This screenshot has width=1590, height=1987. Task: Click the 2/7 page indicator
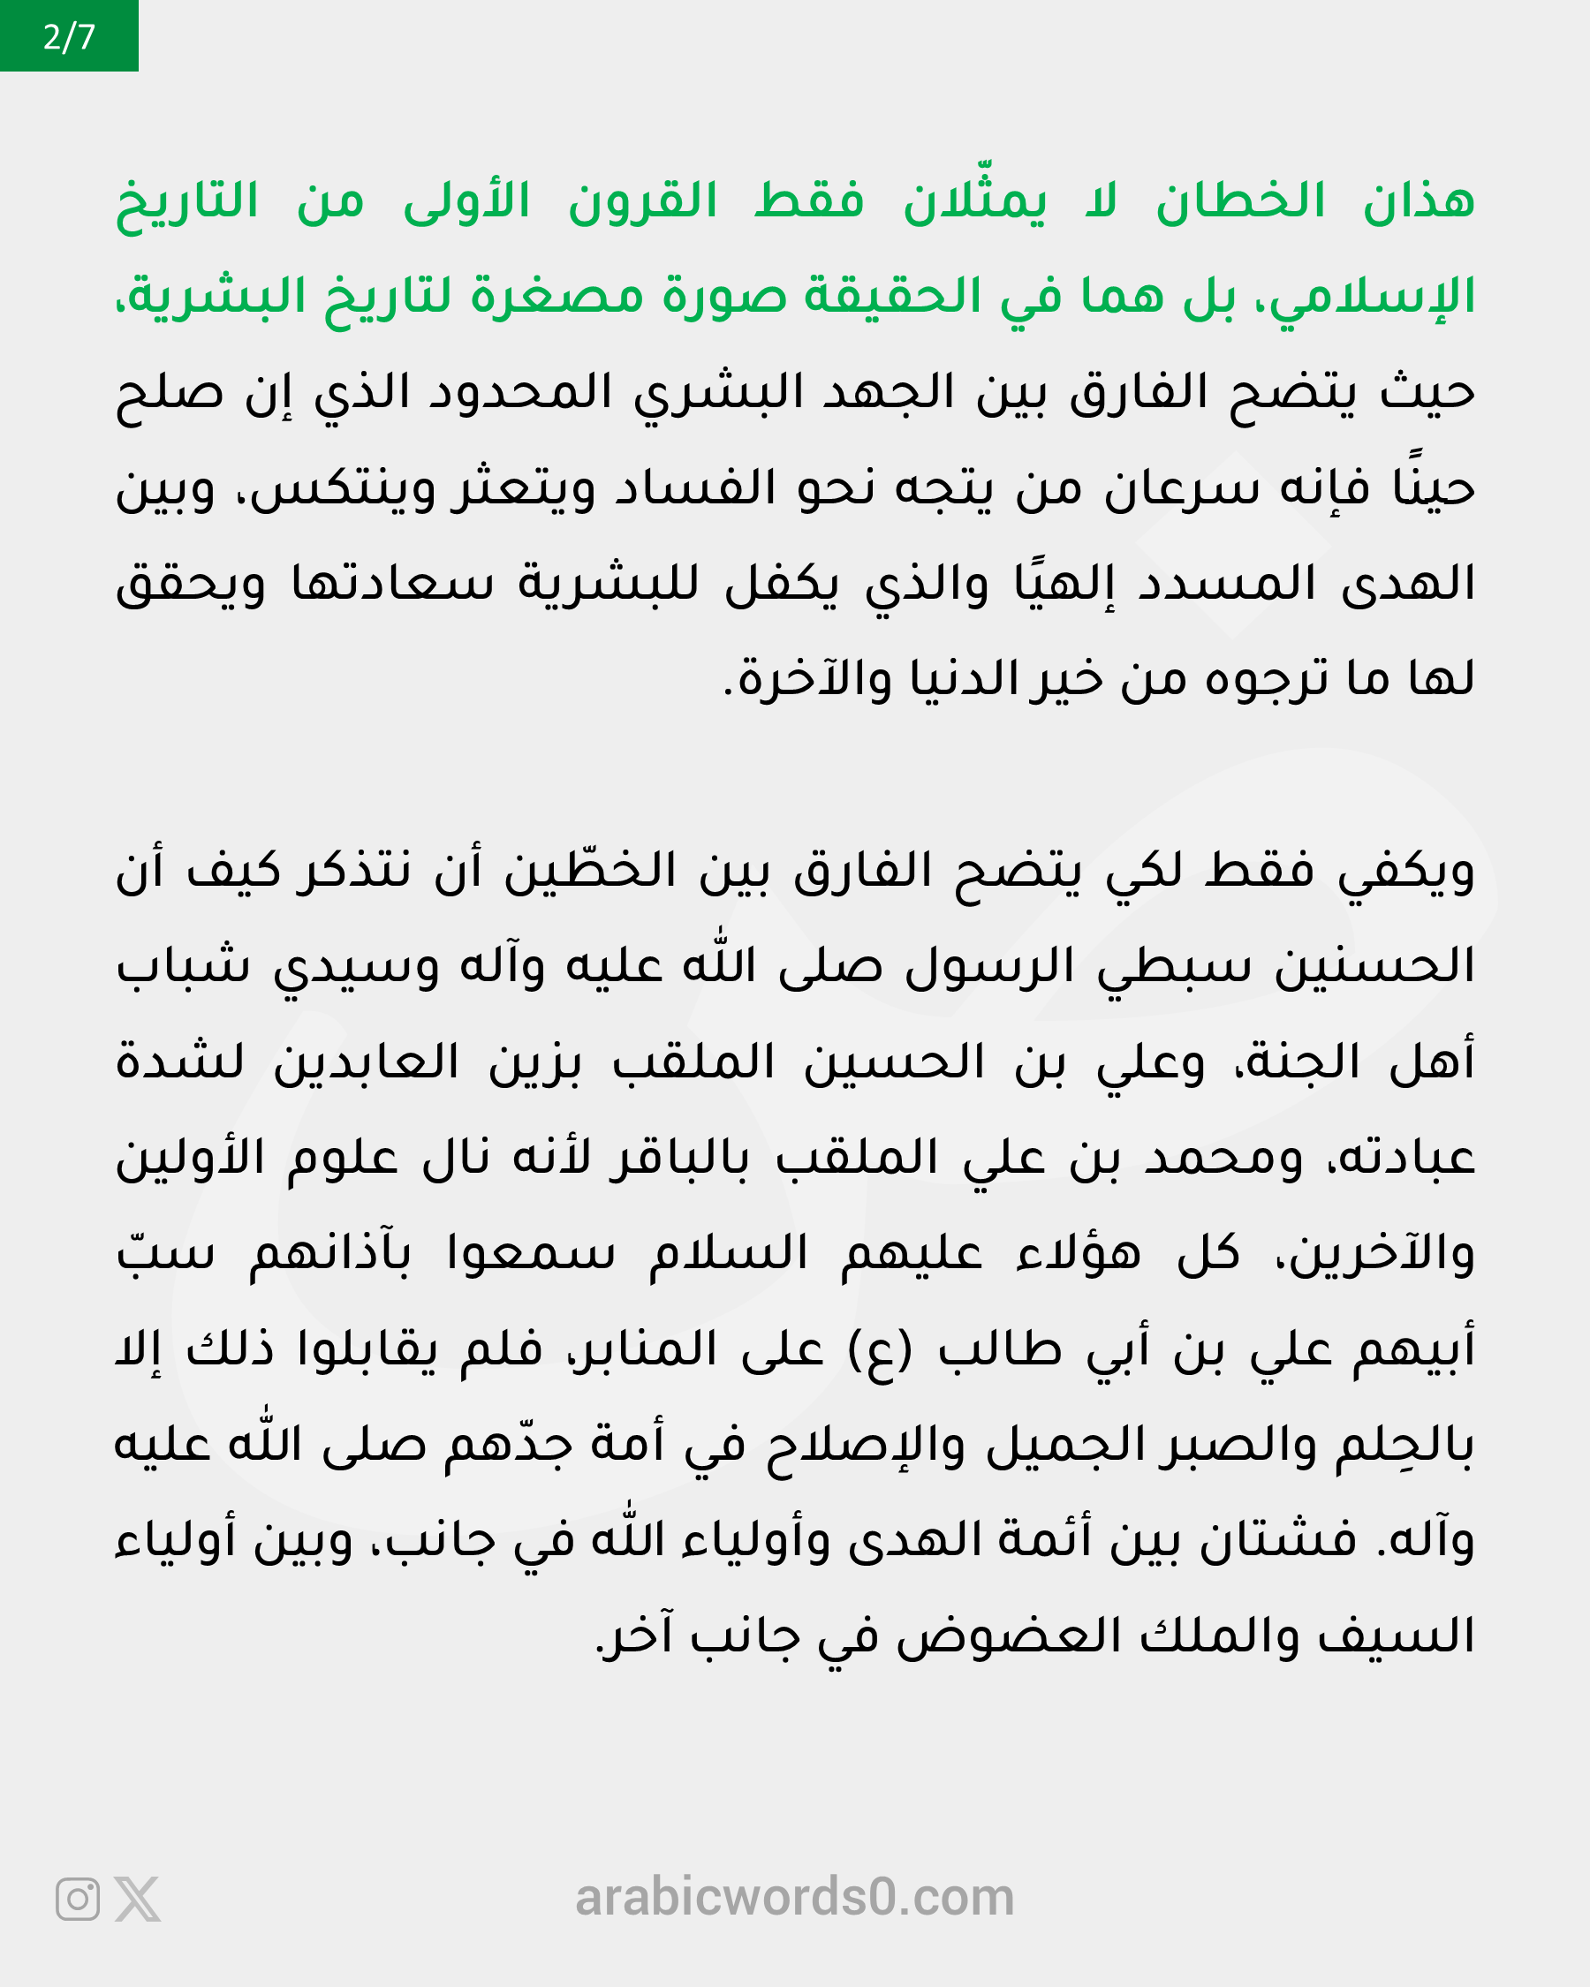tap(69, 37)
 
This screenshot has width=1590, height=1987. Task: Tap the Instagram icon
tap(78, 1900)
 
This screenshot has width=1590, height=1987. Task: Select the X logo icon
tap(137, 1900)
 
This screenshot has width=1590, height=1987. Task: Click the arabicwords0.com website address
tap(794, 1898)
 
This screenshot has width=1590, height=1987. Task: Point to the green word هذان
tap(1419, 201)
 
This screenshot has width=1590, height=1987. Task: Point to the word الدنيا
tap(964, 679)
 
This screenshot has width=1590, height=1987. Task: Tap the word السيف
tap(1397, 1636)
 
